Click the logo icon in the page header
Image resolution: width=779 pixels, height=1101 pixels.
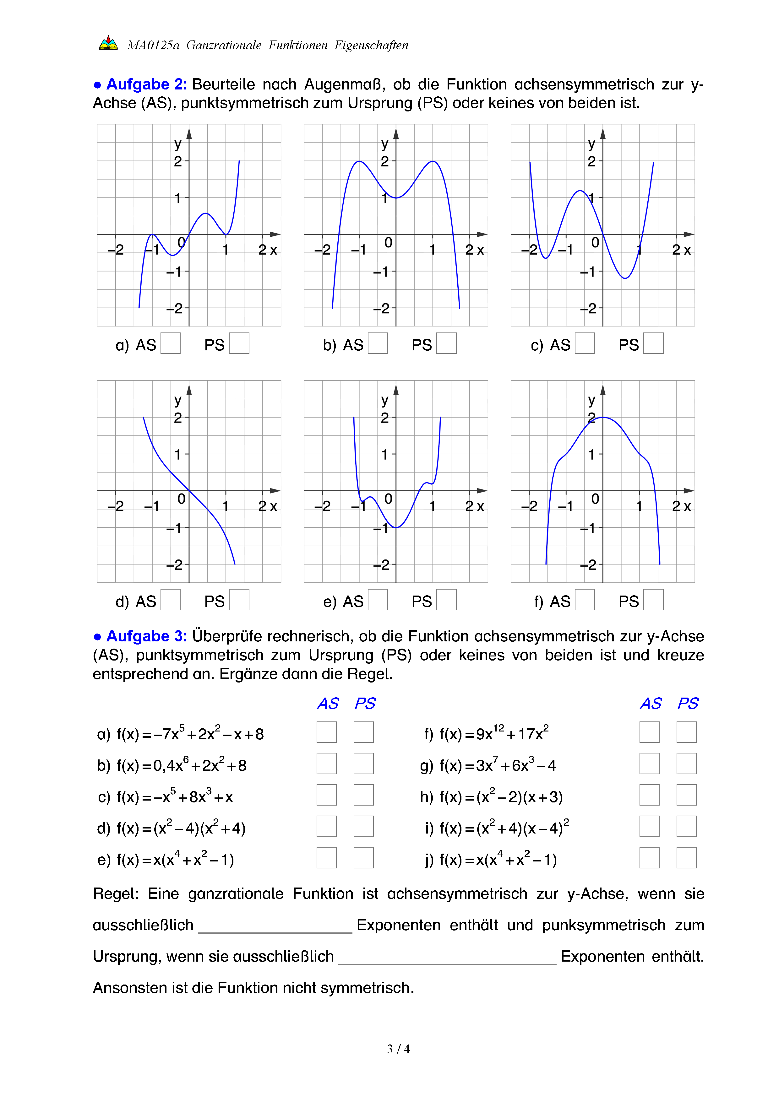(108, 43)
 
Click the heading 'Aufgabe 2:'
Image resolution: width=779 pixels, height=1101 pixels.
(146, 84)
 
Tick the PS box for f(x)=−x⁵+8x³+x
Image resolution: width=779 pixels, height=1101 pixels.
(364, 795)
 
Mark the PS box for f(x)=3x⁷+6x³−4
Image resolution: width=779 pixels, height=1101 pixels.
(686, 764)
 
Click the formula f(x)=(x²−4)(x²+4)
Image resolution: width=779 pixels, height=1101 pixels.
(181, 828)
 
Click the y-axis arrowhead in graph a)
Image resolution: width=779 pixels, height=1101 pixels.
(189, 133)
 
